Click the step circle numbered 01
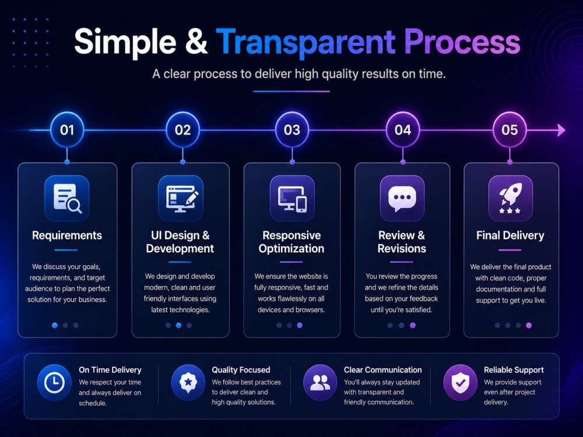pyautogui.click(x=67, y=130)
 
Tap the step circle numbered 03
pyautogui.click(x=292, y=130)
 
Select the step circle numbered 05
pyautogui.click(x=510, y=130)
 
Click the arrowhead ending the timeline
pyautogui.click(x=561, y=130)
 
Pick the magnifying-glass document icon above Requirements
pyautogui.click(x=67, y=198)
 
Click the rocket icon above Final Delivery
pyautogui.click(x=510, y=198)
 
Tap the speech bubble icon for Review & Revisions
pyautogui.click(x=402, y=198)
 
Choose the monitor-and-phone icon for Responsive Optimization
pyautogui.click(x=292, y=198)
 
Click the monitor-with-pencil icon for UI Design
pyautogui.click(x=181, y=198)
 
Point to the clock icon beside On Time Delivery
pyautogui.click(x=54, y=382)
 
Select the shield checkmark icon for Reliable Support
pyautogui.click(x=461, y=382)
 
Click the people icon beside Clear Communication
pyautogui.click(x=320, y=382)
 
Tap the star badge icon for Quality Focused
pyautogui.click(x=188, y=382)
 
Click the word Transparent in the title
pyautogui.click(x=305, y=41)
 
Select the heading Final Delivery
pyautogui.click(x=510, y=235)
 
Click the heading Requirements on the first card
pyautogui.click(x=67, y=235)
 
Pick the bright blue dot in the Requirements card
pyautogui.click(x=55, y=325)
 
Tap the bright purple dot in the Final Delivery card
pyautogui.click(x=529, y=325)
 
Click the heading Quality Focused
pyautogui.click(x=241, y=370)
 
